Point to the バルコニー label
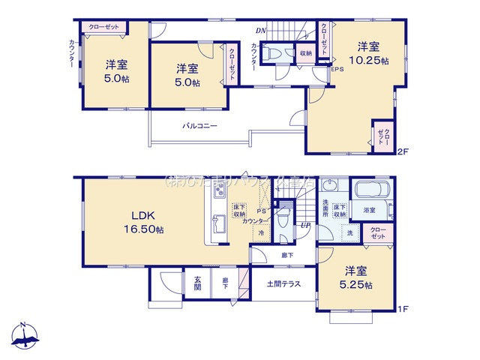199,126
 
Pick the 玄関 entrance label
197,283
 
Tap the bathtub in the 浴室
368,193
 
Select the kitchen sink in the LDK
220,224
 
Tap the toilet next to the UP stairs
283,220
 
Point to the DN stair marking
260,31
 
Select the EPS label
337,70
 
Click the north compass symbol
24,336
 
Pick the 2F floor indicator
403,151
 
